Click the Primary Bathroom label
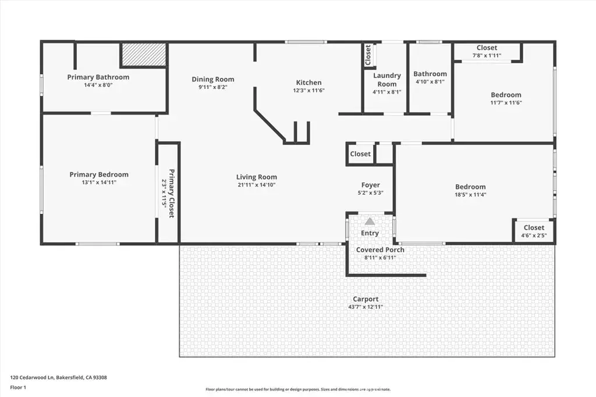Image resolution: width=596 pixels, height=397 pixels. [98, 77]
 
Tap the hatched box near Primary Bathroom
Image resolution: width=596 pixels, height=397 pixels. [144, 54]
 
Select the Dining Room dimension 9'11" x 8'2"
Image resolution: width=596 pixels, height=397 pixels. [212, 87]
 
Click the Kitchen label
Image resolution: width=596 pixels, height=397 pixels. [308, 83]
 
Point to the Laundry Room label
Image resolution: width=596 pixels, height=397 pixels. [387, 80]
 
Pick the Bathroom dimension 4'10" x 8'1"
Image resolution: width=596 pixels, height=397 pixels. [430, 81]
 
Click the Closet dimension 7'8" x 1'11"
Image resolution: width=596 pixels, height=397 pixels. [487, 55]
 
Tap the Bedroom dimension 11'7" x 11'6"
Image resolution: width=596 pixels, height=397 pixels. [506, 102]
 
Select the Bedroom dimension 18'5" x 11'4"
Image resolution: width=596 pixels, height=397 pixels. [470, 195]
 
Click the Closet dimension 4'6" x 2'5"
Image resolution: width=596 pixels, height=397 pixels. [534, 235]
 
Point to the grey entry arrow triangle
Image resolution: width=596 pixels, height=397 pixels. [370, 221]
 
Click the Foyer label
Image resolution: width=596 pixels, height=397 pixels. [371, 185]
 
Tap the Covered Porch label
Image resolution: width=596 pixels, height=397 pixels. [380, 250]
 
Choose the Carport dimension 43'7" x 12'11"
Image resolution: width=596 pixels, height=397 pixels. [366, 307]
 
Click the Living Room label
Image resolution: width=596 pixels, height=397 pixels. [257, 177]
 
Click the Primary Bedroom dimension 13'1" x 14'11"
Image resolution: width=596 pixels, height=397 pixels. [99, 183]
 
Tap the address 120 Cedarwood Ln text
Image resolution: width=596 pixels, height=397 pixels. [33, 378]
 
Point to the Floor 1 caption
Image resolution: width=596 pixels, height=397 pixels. [18, 388]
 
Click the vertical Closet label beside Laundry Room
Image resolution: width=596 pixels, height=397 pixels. [368, 55]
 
